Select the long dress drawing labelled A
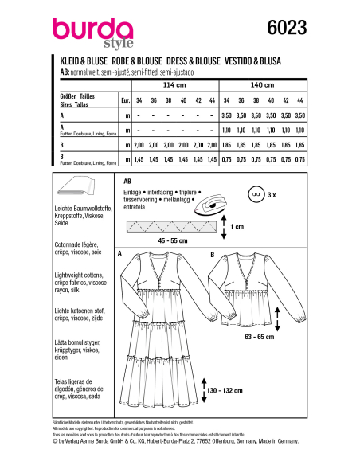(166, 334)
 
